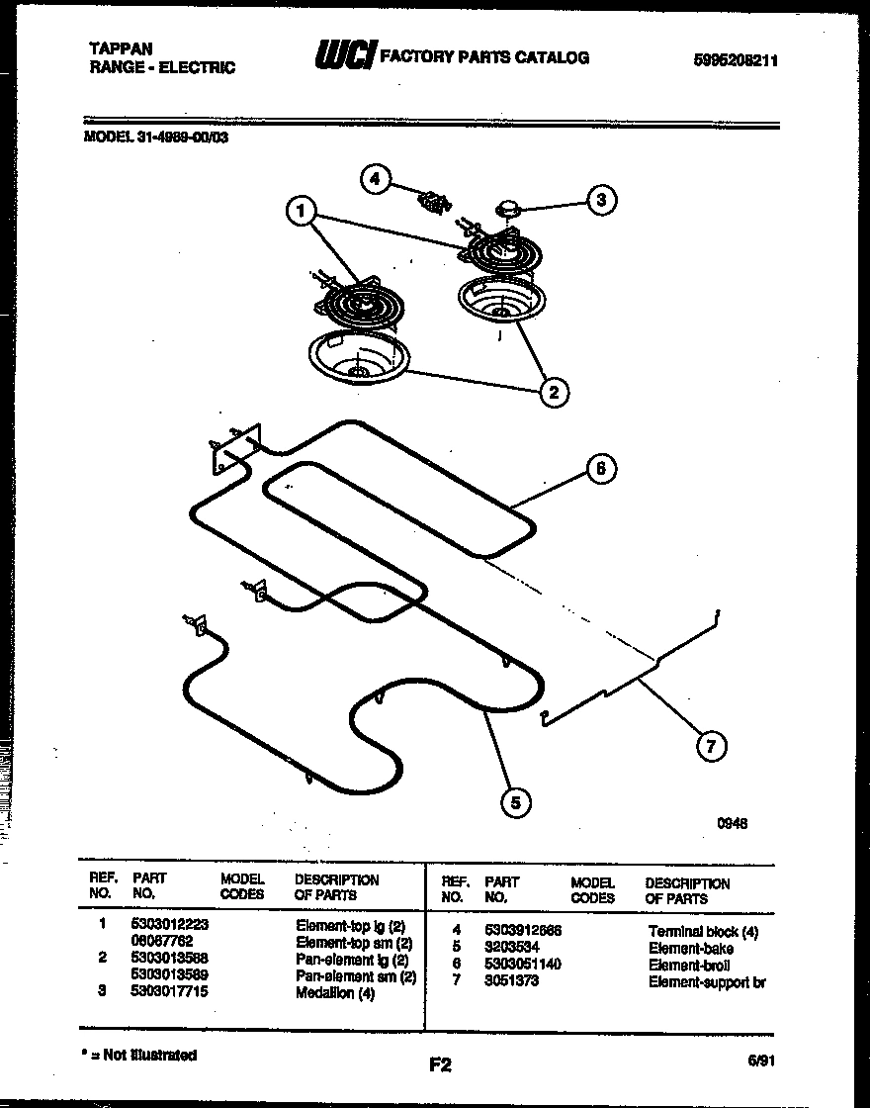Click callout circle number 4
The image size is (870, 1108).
click(374, 179)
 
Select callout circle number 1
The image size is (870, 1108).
click(302, 211)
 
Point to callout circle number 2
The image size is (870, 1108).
click(553, 393)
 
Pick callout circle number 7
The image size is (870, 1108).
click(710, 747)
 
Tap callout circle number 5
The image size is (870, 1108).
click(513, 802)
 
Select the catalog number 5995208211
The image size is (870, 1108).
click(737, 59)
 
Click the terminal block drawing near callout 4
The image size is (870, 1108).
click(432, 203)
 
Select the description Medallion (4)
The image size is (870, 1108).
click(336, 993)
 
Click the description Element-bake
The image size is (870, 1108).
click(691, 948)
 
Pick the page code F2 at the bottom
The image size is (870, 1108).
click(440, 1065)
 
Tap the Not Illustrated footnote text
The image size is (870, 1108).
click(144, 1055)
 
